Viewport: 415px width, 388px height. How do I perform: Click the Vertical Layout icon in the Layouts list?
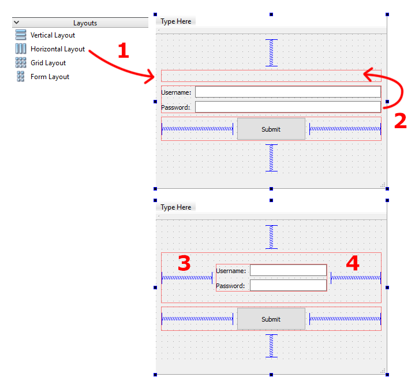coord(21,35)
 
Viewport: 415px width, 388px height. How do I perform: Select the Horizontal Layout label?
coord(58,49)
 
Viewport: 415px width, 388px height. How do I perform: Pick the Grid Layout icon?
coord(21,63)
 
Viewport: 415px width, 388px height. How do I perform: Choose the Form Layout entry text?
coord(50,77)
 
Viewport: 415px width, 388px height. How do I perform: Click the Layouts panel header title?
coord(85,23)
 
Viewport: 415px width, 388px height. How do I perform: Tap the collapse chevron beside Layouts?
coord(16,23)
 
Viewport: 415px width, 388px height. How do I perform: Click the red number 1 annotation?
coord(122,50)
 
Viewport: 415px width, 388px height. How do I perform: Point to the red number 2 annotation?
coord(400,120)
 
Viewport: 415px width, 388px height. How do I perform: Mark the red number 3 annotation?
coord(184,263)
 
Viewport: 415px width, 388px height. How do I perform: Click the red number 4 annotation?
coord(352,263)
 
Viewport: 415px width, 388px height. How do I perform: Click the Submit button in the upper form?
coord(271,129)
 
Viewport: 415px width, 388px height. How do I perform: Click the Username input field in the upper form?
coord(288,92)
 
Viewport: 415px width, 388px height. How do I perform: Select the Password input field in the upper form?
coord(288,107)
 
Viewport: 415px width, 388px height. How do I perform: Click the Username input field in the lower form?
coord(288,270)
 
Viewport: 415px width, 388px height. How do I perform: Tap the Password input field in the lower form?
coord(288,285)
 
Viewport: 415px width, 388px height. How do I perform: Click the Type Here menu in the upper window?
coord(176,21)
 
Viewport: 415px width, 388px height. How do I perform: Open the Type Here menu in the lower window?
coord(176,207)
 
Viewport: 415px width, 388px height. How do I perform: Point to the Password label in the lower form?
coord(230,286)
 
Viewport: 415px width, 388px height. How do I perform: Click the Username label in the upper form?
coord(176,92)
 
